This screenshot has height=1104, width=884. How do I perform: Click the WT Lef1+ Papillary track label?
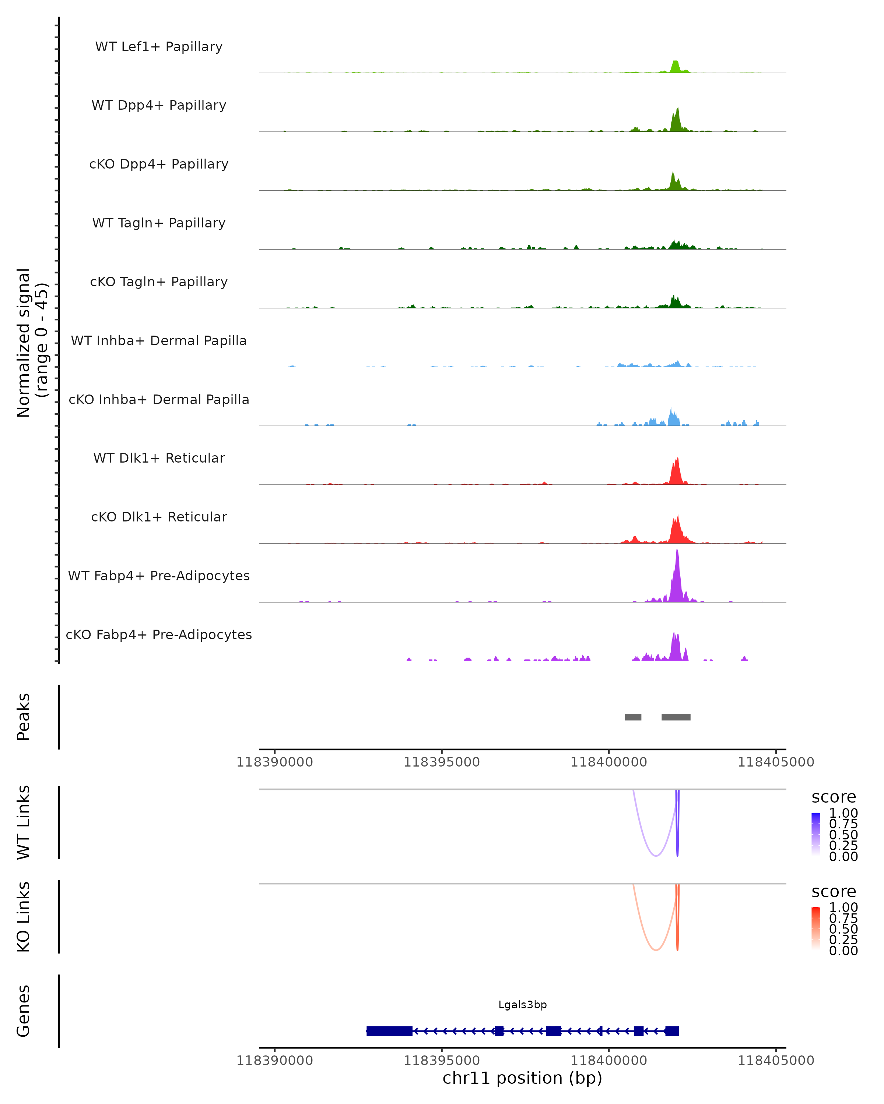point(159,47)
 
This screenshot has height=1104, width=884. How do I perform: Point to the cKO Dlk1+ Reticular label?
point(159,517)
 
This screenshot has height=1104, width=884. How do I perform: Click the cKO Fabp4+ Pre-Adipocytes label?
point(159,634)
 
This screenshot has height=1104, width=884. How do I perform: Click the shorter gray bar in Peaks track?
point(633,717)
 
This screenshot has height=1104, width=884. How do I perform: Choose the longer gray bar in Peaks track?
point(676,717)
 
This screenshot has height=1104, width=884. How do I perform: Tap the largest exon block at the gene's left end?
point(389,1031)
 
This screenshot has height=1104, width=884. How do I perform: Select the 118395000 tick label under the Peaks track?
point(442,762)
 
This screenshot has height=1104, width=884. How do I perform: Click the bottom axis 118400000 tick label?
point(609,1061)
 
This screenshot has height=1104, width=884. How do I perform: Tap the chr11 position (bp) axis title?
point(522,1078)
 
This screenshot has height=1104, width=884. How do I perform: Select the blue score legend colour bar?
point(816,834)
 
